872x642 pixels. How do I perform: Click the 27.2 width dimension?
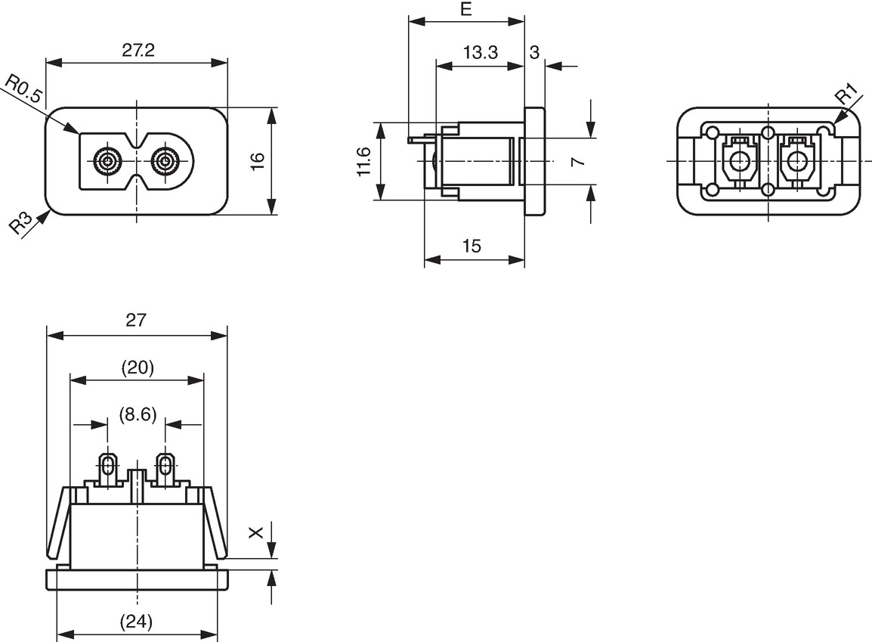(x=138, y=51)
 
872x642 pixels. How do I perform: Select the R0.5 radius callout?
(x=23, y=89)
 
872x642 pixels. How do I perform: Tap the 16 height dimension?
(x=258, y=161)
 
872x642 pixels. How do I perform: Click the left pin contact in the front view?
(x=107, y=162)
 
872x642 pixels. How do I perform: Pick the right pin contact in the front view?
(x=165, y=162)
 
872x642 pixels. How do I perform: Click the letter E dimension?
(x=466, y=9)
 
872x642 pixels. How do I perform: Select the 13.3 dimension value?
(x=481, y=52)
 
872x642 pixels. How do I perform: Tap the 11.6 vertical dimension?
(x=363, y=161)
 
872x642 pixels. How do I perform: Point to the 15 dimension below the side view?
(x=471, y=246)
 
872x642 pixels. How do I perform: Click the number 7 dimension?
(x=578, y=161)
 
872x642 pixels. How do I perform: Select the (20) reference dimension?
(x=138, y=368)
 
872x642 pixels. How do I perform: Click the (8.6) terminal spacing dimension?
(x=138, y=414)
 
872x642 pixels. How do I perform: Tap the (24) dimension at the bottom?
(x=136, y=622)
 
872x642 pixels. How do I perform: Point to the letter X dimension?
(x=256, y=533)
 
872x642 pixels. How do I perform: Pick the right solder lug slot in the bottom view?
(x=165, y=464)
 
